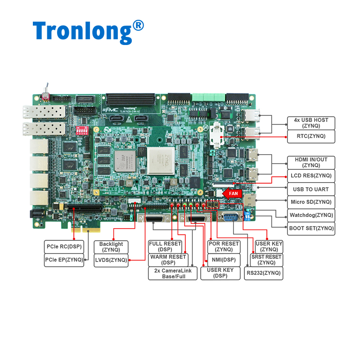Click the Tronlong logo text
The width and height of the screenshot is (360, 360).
[88, 30]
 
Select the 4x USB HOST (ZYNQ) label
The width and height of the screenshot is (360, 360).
[311, 123]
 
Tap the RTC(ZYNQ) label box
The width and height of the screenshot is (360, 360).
[311, 135]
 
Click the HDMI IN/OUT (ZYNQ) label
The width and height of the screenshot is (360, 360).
[311, 162]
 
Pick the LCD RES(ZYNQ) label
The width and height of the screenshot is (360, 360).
[311, 175]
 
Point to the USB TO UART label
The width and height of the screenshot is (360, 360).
[311, 189]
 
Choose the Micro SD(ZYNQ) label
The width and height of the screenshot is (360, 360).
[311, 202]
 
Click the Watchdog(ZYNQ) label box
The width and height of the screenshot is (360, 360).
[311, 215]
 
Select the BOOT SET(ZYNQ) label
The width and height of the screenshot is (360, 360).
[311, 228]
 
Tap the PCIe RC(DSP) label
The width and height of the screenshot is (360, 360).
[63, 247]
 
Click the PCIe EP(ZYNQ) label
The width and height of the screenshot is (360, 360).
[63, 260]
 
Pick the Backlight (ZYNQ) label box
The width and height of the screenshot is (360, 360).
[111, 247]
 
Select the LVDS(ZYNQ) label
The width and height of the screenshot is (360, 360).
[111, 260]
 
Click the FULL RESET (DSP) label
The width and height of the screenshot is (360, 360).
[165, 247]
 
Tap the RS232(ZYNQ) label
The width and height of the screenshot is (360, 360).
[264, 273]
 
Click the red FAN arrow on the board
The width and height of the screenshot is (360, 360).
[233, 193]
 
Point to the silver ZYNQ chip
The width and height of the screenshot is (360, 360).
[161, 160]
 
